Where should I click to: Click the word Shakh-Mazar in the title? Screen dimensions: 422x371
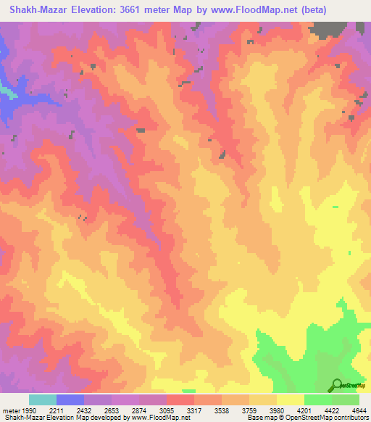tap(37, 10)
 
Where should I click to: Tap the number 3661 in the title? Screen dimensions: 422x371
tap(138, 10)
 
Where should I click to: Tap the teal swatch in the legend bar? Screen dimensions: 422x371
tap(43, 400)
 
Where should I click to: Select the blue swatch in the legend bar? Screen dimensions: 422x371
tap(70, 400)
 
